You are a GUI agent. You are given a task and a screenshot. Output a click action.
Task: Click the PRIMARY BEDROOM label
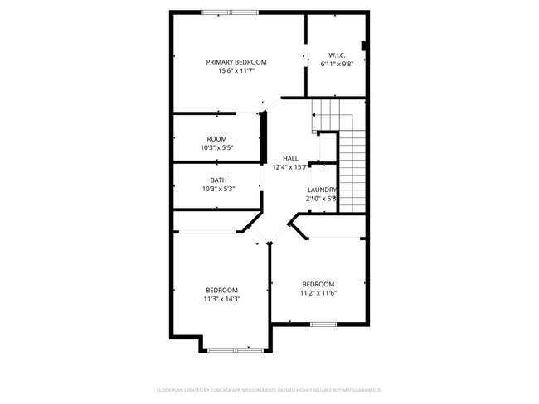[236, 62]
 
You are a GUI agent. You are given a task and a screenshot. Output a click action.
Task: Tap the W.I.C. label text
[337, 54]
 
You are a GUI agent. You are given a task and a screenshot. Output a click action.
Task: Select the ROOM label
[216, 139]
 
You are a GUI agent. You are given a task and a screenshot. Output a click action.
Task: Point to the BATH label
[218, 180]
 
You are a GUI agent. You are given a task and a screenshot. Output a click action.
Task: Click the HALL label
[290, 158]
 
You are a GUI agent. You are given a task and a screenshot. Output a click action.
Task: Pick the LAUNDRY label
[321, 190]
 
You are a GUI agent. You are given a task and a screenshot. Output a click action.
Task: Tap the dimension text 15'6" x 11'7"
[236, 71]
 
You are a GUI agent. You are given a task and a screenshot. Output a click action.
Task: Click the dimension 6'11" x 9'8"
[337, 63]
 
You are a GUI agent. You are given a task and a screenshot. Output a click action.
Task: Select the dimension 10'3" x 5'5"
[216, 148]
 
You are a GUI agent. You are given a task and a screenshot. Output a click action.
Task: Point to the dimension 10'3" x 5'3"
[218, 189]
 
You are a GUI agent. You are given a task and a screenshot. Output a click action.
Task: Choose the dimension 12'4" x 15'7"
[290, 167]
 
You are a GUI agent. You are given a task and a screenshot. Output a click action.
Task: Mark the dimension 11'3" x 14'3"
[221, 299]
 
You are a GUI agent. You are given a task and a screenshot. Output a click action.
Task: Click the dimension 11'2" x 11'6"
[318, 292]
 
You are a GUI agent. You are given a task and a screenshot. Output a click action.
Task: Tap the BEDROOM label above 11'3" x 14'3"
[221, 290]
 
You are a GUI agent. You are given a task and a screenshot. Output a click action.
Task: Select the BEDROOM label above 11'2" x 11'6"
[318, 283]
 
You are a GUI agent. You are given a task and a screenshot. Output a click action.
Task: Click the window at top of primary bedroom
[229, 12]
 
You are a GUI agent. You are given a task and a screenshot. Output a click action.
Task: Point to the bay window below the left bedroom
[235, 350]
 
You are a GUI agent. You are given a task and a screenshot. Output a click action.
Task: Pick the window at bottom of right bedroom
[323, 324]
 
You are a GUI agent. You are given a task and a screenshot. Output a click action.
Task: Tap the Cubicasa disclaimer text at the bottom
[269, 389]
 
